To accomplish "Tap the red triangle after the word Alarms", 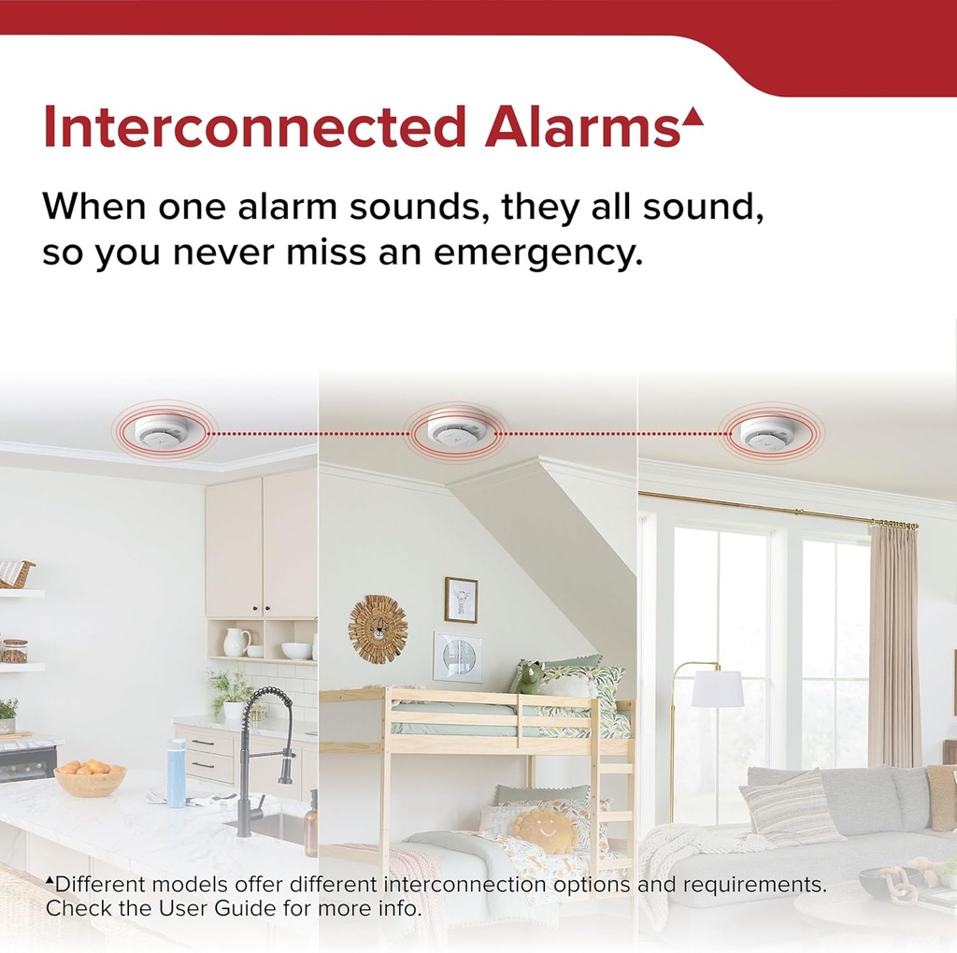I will tap(692, 117).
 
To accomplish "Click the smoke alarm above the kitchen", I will tap(162, 431).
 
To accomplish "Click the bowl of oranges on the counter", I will tap(90, 777).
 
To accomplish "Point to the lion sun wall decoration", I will tap(378, 628).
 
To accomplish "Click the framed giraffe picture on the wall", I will tap(461, 599).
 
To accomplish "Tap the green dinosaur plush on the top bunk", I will tap(529, 677).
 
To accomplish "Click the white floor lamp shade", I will tap(717, 689).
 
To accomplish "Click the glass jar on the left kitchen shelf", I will tap(14, 651).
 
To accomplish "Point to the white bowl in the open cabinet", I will tap(296, 650).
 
